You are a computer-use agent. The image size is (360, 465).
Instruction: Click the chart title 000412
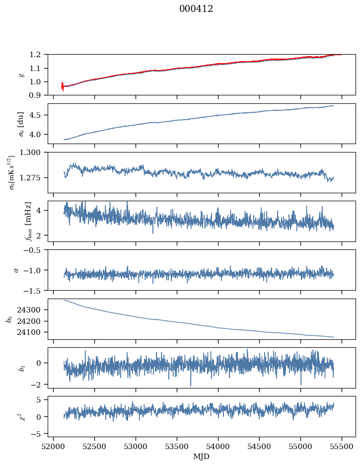(196, 9)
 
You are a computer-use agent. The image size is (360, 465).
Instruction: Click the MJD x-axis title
(202, 457)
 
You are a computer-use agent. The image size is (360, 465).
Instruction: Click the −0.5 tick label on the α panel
(35, 250)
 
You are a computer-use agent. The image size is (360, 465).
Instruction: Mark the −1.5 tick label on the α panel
(35, 290)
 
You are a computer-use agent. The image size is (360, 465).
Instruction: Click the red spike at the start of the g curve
(62, 86)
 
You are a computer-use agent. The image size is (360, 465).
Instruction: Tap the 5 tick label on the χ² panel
(42, 400)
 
